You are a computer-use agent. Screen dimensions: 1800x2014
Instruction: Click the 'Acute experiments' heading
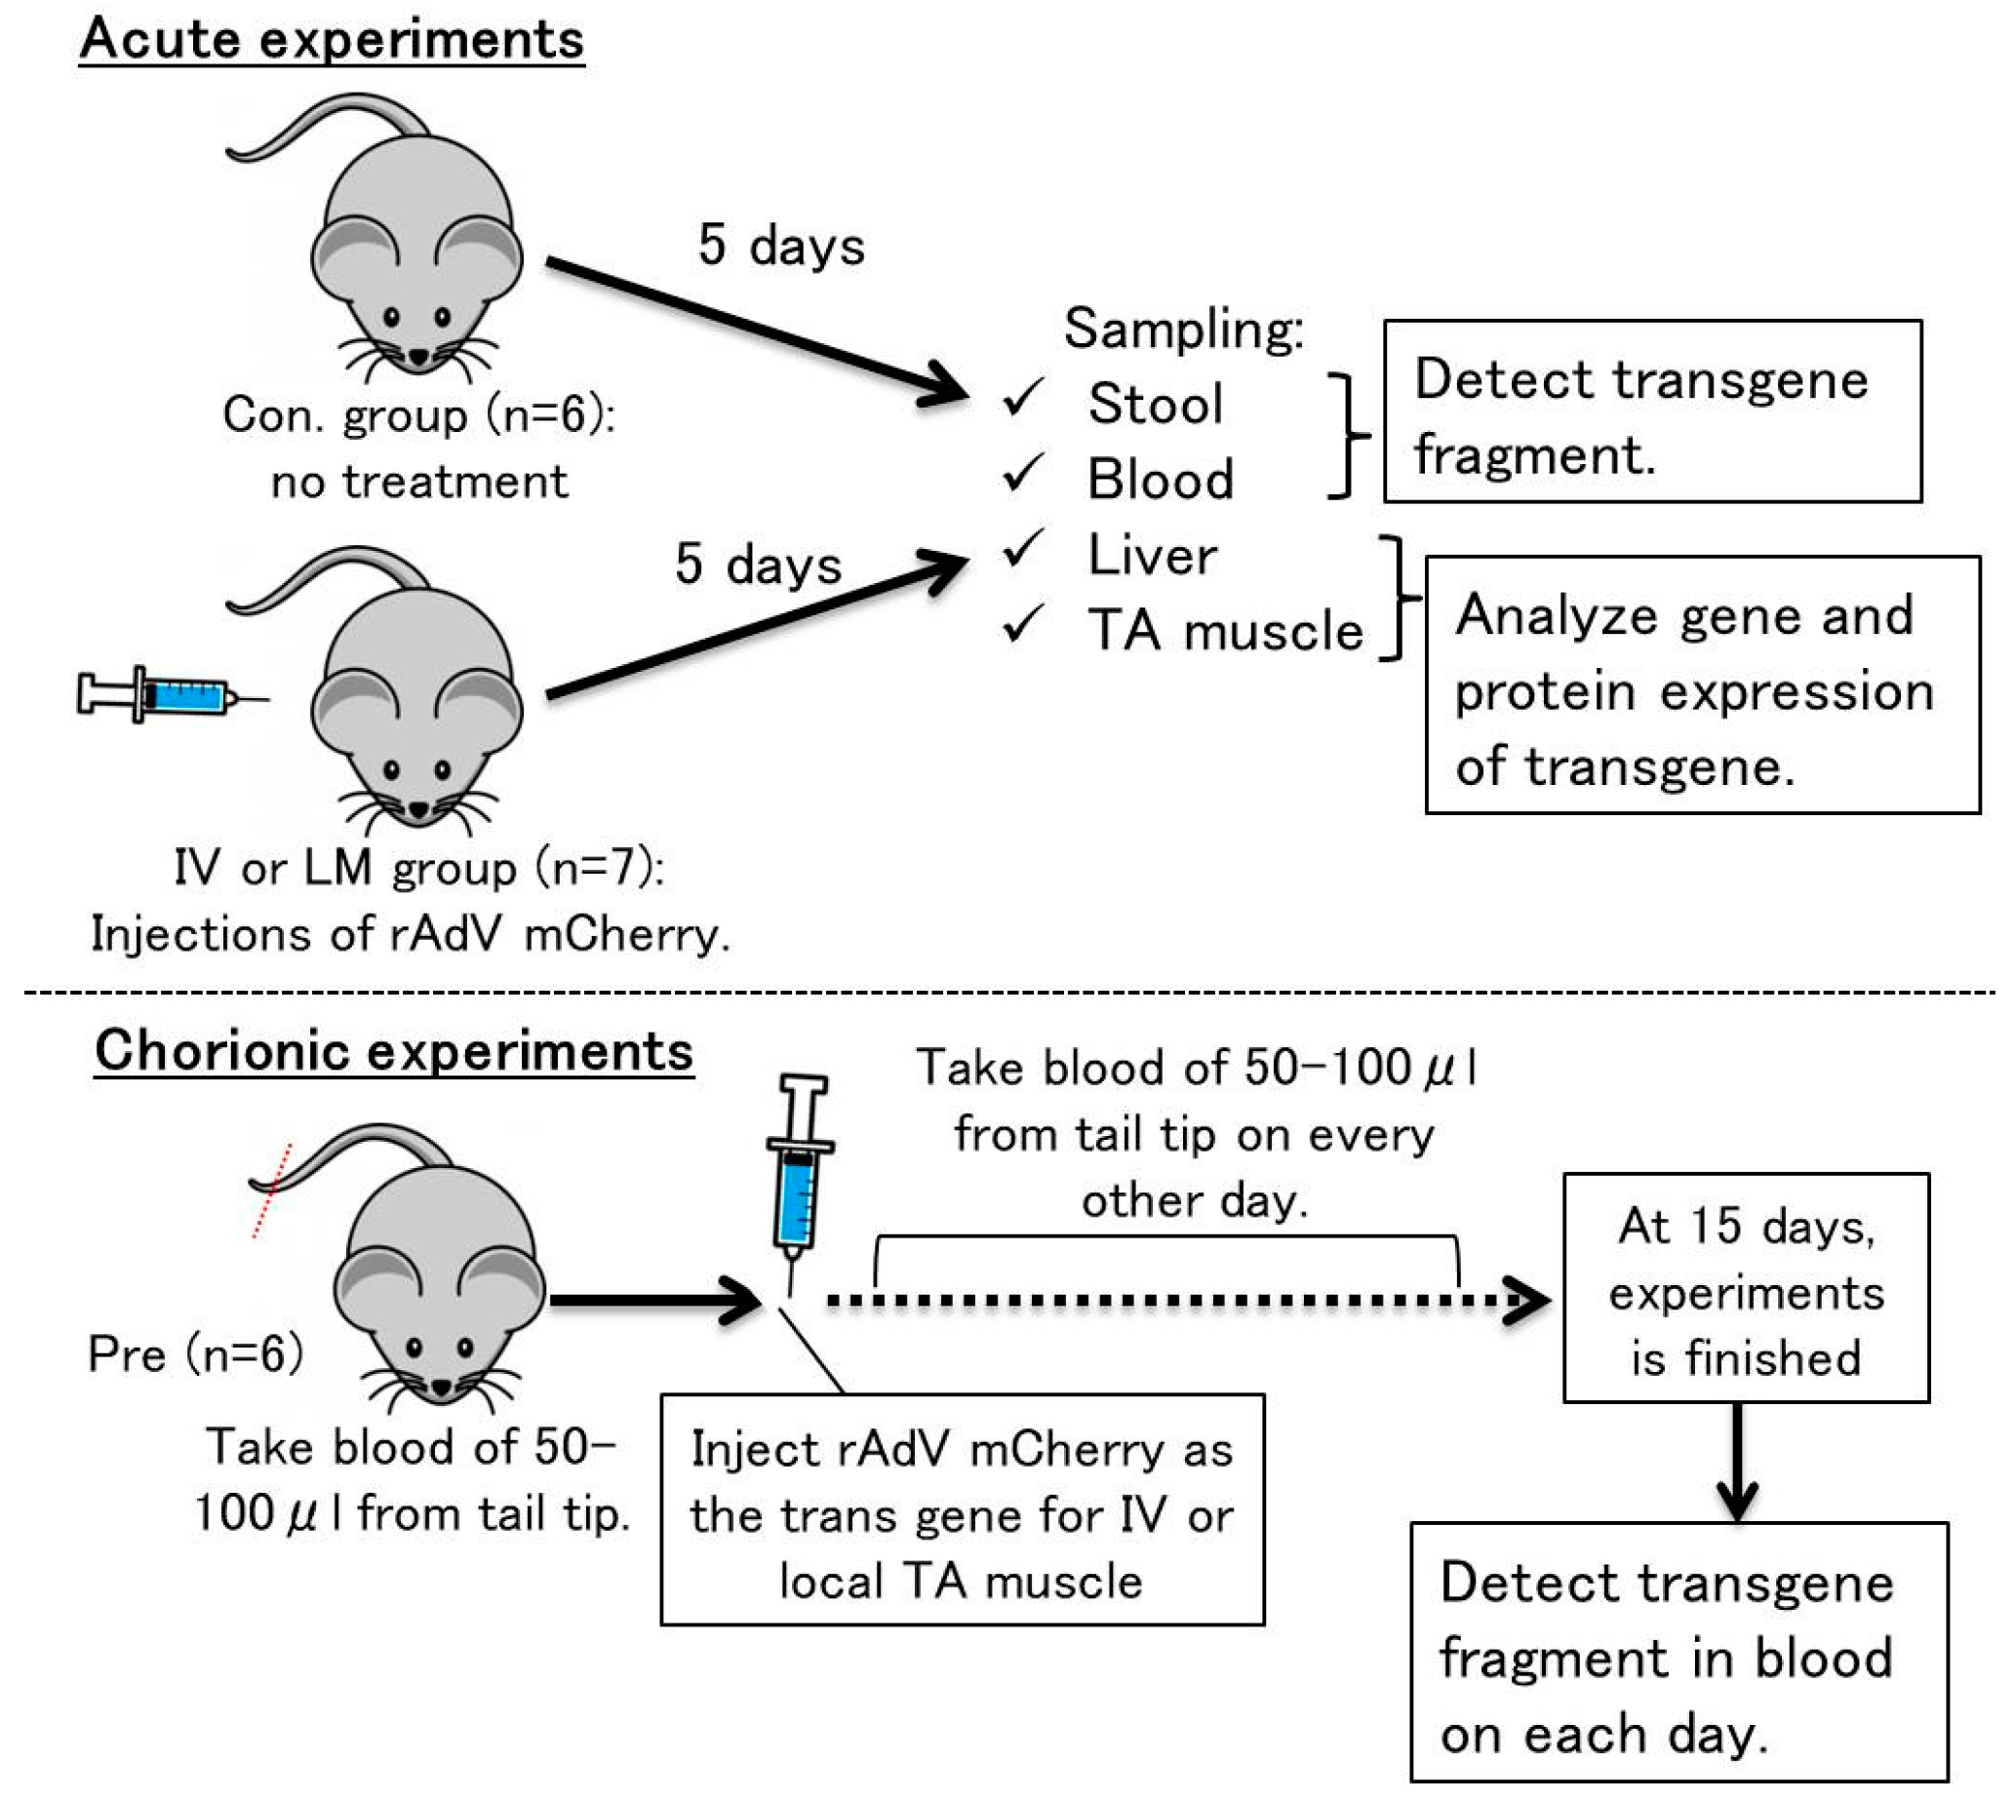[332, 40]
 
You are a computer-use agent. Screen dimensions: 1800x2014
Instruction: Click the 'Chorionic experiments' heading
[394, 1050]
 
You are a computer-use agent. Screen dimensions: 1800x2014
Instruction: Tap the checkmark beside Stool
[1022, 398]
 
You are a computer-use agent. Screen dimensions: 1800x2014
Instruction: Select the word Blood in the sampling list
[1161, 480]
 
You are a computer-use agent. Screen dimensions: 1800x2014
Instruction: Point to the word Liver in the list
[1153, 555]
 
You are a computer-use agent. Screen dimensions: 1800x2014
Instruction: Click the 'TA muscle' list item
[1225, 630]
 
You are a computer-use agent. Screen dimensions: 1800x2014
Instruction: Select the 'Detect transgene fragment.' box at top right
[1652, 412]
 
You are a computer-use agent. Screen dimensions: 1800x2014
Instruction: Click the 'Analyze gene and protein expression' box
[1701, 685]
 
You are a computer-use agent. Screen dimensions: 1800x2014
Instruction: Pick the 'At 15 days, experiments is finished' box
[1745, 1289]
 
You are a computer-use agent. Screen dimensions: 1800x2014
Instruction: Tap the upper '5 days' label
[780, 246]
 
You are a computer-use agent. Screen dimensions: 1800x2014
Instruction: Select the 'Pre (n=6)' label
[195, 1354]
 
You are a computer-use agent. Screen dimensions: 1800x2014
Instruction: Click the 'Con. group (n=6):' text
[417, 415]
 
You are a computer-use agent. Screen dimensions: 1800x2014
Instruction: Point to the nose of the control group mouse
[418, 356]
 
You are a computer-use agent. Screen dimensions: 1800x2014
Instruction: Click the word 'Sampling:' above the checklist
[1183, 329]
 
